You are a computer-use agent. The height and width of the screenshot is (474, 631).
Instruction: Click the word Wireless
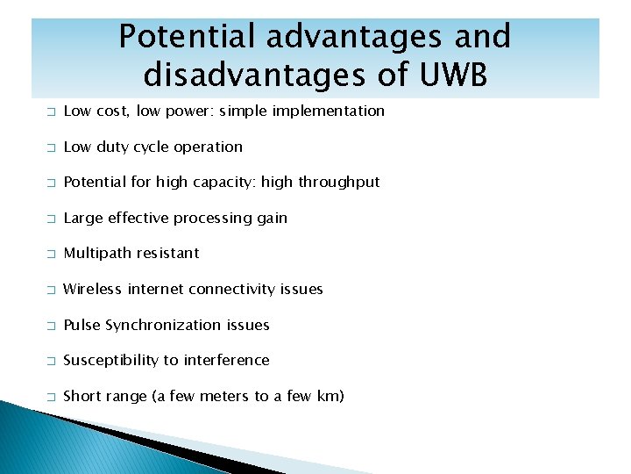pyautogui.click(x=93, y=289)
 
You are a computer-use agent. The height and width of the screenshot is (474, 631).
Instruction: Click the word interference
pyautogui.click(x=226, y=360)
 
